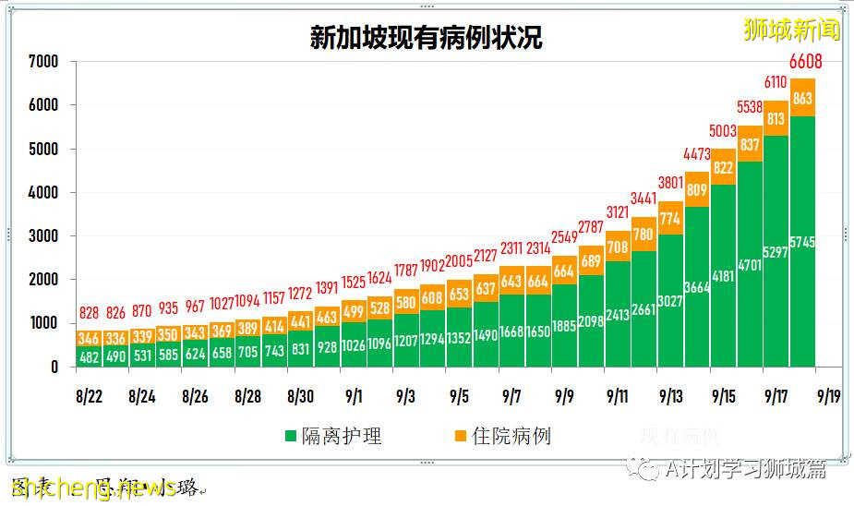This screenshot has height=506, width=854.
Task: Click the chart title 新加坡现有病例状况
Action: click(x=426, y=38)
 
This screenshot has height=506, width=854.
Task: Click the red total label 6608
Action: click(x=803, y=63)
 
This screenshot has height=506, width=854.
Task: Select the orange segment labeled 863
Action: click(x=803, y=97)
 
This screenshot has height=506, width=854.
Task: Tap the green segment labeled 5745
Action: click(x=803, y=242)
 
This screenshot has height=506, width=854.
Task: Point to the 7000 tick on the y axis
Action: click(x=42, y=62)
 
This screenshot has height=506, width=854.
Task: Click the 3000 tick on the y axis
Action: click(x=42, y=236)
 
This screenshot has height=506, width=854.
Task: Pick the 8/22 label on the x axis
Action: click(x=89, y=397)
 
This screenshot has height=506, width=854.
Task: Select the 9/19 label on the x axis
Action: click(x=827, y=397)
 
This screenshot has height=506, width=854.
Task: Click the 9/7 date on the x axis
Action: click(x=512, y=397)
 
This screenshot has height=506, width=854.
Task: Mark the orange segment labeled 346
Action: click(x=89, y=339)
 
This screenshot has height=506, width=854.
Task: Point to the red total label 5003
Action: click(x=724, y=132)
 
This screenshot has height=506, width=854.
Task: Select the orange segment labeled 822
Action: click(x=724, y=167)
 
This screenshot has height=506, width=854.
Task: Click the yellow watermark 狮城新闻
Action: click(x=791, y=30)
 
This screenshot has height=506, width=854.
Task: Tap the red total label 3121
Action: click(x=618, y=213)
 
